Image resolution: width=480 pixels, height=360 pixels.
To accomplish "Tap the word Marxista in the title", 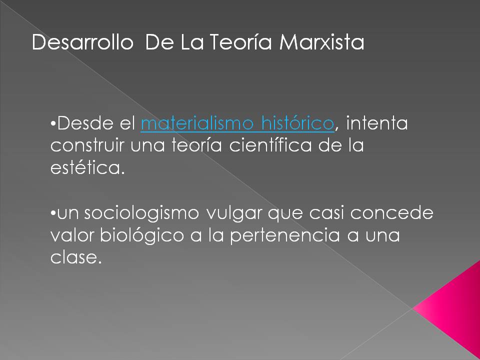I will coord(321,43).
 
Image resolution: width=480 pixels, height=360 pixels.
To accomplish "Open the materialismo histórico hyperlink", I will coord(237,123).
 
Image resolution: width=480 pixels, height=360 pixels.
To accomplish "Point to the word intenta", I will coord(376,123).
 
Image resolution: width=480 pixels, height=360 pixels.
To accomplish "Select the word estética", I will coord(86,168).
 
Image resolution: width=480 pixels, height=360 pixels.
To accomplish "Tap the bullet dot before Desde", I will coord(53,124).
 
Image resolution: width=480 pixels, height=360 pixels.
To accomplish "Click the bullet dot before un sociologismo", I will coord(53,214).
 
